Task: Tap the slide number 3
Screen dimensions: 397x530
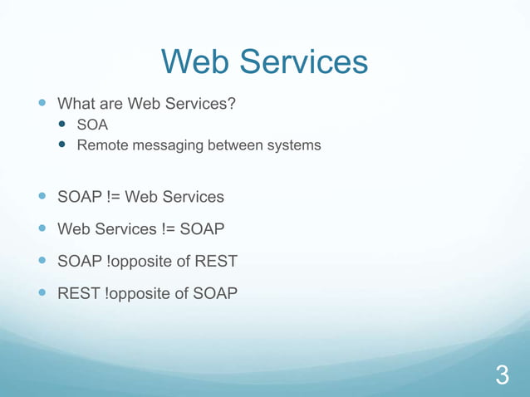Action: tap(502, 375)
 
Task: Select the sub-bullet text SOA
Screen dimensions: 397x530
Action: tap(92, 125)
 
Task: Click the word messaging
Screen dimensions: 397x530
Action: tap(164, 146)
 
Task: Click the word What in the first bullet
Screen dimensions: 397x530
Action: tap(75, 105)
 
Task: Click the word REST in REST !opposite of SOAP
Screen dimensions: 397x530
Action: tap(78, 293)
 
